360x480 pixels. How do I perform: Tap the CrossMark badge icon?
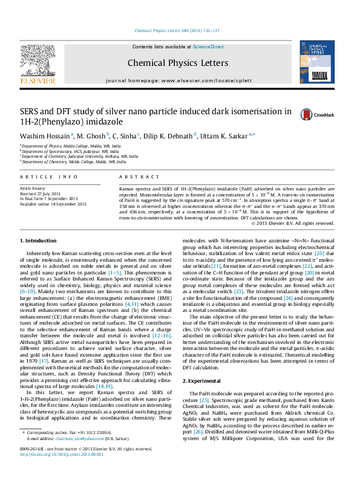click(x=306, y=114)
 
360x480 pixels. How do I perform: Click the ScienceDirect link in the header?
click(x=209, y=46)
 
